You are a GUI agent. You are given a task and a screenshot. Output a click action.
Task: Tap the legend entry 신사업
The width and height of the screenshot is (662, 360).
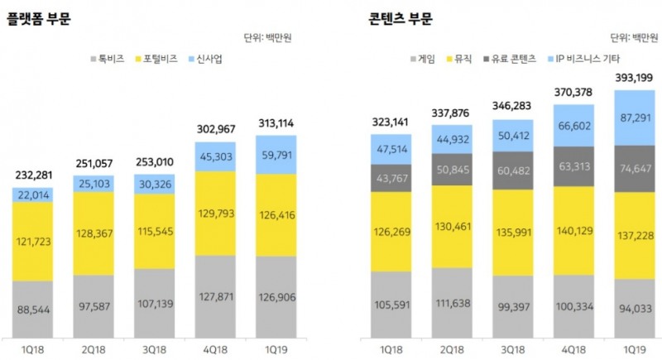(x=205, y=60)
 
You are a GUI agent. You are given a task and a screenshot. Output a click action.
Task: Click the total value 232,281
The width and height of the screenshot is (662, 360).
(x=33, y=174)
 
